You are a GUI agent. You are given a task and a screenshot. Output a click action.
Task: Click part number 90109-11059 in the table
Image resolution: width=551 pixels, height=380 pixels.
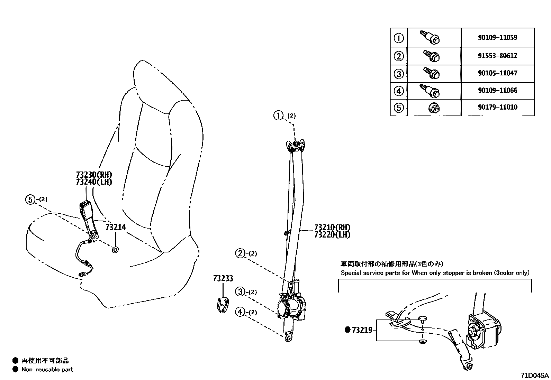pyautogui.click(x=498, y=38)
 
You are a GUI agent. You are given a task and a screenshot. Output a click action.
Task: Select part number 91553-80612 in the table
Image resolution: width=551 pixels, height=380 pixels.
pyautogui.click(x=498, y=56)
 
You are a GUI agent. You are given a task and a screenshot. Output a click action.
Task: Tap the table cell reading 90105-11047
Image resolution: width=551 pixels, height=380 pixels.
pyautogui.click(x=498, y=73)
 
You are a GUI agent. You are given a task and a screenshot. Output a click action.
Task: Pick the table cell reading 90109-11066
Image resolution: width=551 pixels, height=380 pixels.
pyautogui.click(x=498, y=91)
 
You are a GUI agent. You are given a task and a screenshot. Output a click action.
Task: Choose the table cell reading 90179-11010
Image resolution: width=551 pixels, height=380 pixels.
pyautogui.click(x=498, y=107)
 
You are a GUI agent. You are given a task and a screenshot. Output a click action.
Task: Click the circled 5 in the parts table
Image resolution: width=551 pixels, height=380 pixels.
pyautogui.click(x=399, y=108)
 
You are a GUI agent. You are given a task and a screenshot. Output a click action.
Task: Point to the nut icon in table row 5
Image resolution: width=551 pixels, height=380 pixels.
pyautogui.click(x=434, y=108)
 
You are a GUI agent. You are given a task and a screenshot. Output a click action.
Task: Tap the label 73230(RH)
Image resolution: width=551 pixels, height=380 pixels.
pyautogui.click(x=94, y=175)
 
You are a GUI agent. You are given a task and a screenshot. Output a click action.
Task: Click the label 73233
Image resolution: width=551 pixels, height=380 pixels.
pyautogui.click(x=223, y=278)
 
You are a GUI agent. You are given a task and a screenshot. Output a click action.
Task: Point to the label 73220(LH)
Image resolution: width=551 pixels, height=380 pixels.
pyautogui.click(x=332, y=235)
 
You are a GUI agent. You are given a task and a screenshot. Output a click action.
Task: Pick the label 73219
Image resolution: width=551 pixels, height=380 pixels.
pyautogui.click(x=362, y=330)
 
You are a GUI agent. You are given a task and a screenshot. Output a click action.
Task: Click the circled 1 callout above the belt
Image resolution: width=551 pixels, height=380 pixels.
pyautogui.click(x=278, y=115)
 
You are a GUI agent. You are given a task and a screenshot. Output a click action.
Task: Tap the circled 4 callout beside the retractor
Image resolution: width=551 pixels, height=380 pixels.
pyautogui.click(x=240, y=312)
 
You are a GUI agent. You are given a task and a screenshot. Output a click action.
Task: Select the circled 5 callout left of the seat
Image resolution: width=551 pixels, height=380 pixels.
pyautogui.click(x=30, y=200)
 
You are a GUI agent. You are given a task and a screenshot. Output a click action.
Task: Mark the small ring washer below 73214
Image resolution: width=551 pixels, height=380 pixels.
pyautogui.click(x=115, y=250)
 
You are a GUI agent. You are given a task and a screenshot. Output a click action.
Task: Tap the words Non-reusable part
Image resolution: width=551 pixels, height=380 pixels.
pyautogui.click(x=47, y=369)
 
